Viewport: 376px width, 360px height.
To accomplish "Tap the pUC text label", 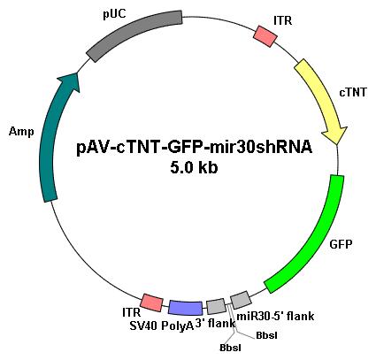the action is click(x=114, y=14).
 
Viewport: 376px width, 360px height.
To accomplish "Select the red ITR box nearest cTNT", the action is click(x=265, y=36).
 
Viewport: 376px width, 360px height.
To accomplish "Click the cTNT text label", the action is click(x=353, y=92).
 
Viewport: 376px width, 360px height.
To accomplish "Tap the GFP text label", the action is click(x=341, y=244).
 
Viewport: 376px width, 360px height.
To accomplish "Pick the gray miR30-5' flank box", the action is click(x=241, y=300).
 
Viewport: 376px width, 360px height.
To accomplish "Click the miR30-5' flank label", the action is click(x=275, y=317).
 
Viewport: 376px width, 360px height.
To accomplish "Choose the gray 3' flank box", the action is click(x=216, y=306).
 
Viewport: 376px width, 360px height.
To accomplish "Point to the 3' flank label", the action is click(x=215, y=324).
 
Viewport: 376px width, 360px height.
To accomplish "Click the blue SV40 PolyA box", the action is click(x=186, y=308).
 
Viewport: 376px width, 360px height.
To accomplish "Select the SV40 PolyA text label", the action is click(x=162, y=326).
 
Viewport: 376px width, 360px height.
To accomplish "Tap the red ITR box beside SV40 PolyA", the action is click(x=151, y=303).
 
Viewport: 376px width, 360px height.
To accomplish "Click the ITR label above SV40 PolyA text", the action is click(x=131, y=312).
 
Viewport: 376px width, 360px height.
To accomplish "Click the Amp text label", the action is click(x=21, y=131).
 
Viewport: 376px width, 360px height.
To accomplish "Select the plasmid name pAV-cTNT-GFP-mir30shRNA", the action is click(x=194, y=148).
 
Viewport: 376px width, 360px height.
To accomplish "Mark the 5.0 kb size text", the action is click(x=194, y=168).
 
